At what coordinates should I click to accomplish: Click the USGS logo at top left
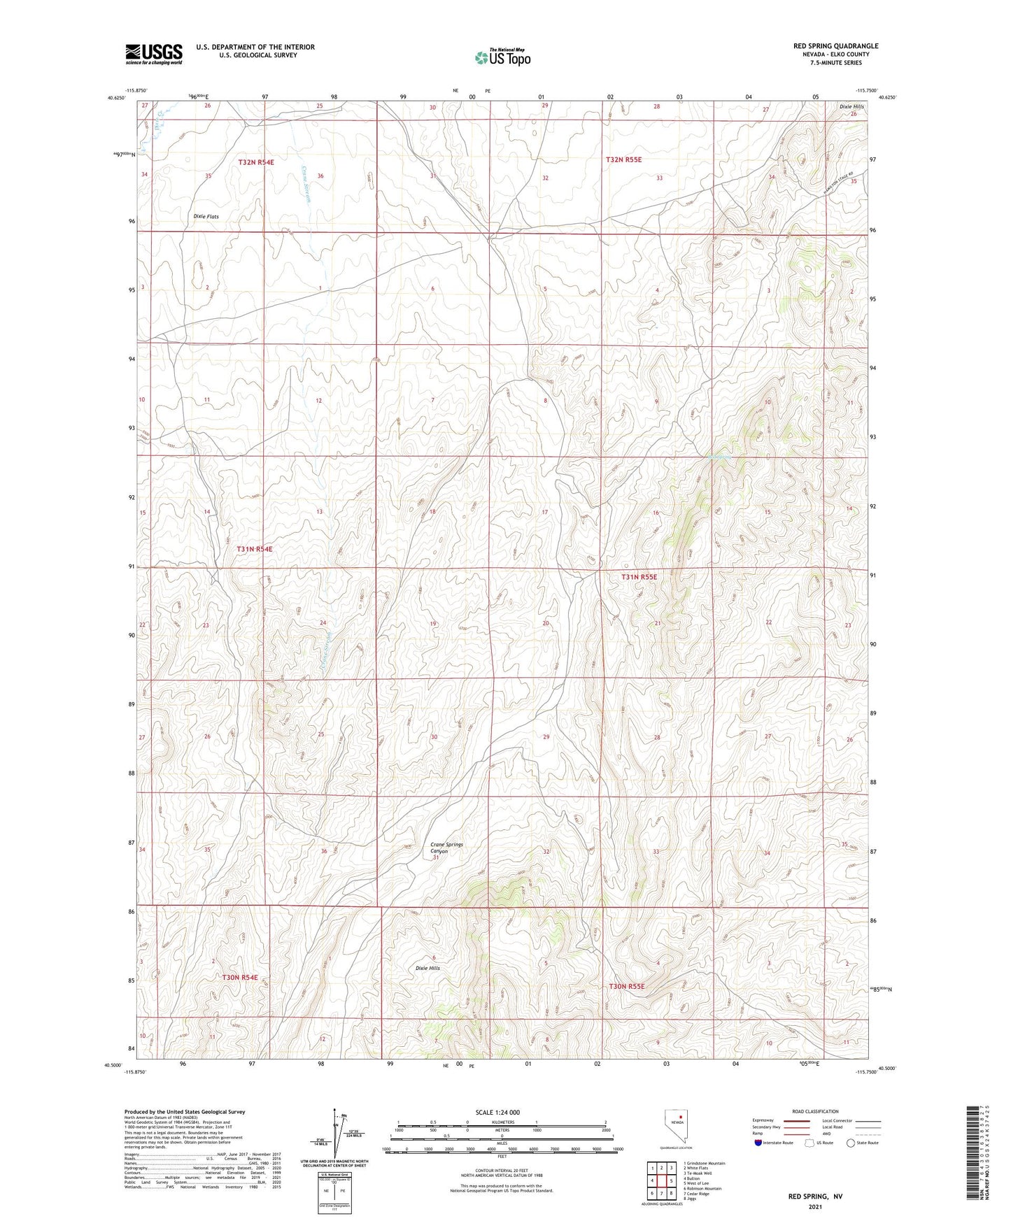[x=153, y=53]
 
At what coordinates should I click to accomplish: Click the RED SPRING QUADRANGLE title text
[x=835, y=46]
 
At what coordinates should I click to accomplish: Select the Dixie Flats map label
[x=206, y=217]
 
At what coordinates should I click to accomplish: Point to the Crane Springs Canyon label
[x=446, y=848]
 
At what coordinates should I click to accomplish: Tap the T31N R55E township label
[x=639, y=577]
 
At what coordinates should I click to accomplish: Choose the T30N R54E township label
[x=240, y=977]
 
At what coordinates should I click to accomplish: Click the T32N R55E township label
[x=623, y=160]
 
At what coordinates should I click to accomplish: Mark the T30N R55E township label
[x=626, y=986]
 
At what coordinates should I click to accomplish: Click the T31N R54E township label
[x=254, y=550]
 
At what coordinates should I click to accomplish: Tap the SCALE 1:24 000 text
[x=497, y=1112]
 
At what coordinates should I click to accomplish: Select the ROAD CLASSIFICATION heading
[x=815, y=1111]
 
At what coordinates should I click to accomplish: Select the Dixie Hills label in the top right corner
[x=851, y=107]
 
